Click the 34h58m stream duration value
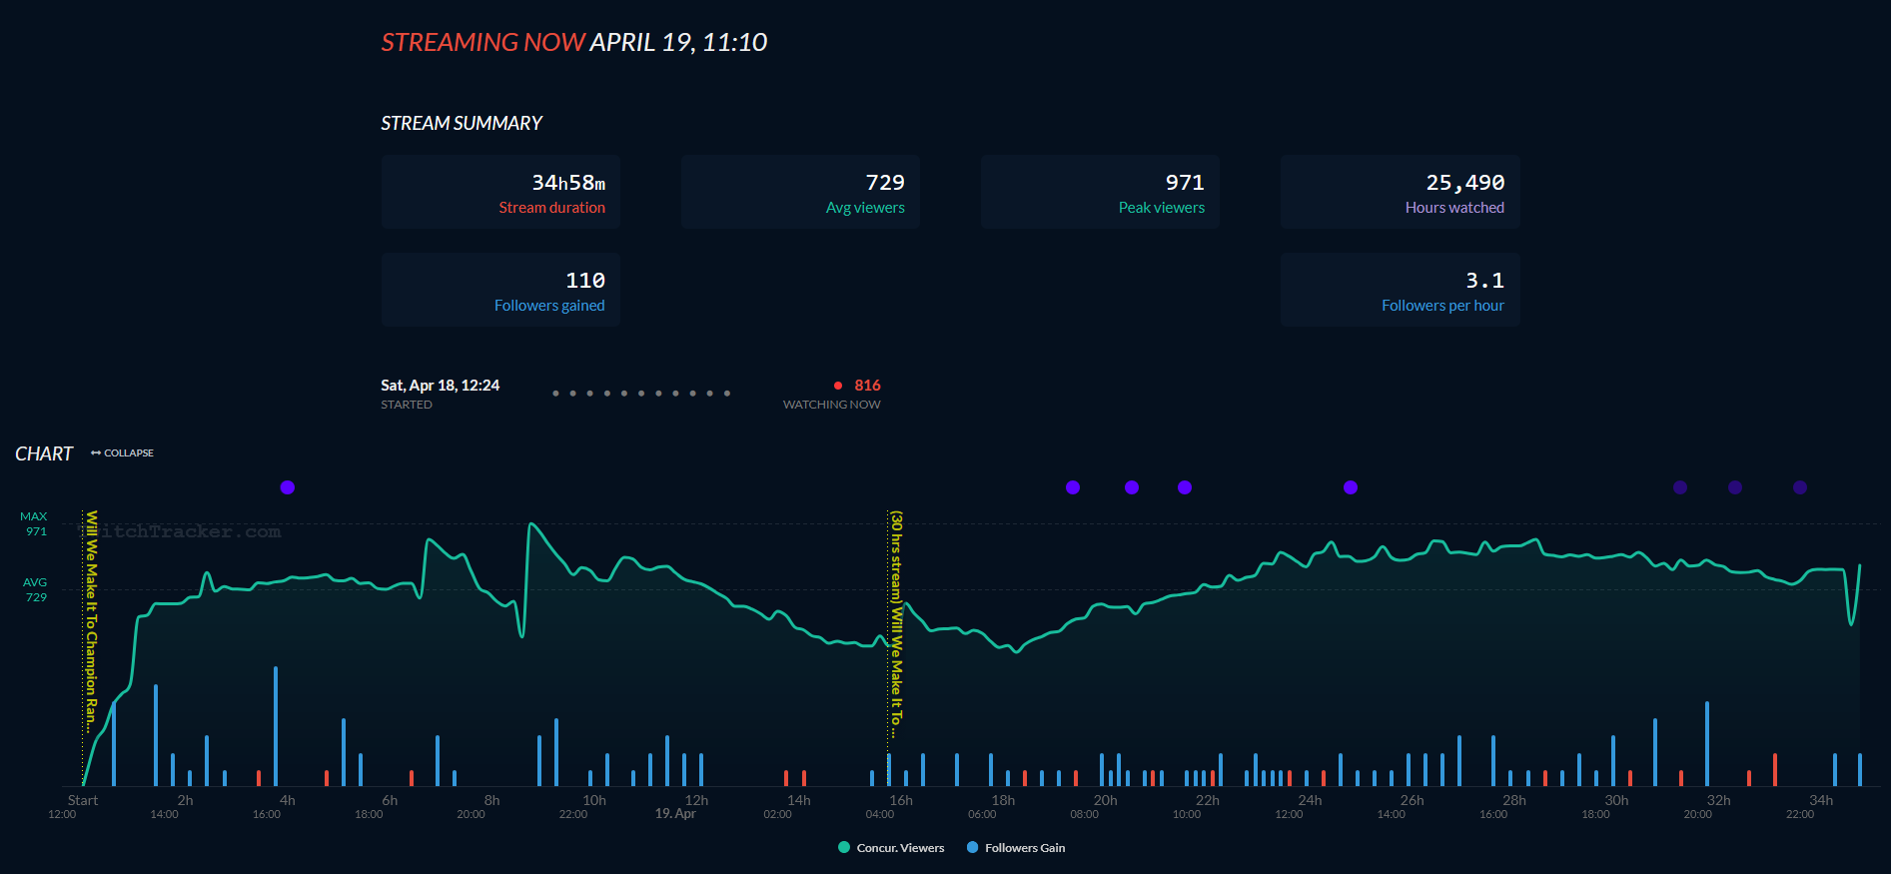[567, 183]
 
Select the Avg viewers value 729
[884, 183]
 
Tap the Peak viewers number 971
[1184, 183]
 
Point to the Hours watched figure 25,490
[1464, 183]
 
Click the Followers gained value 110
[584, 281]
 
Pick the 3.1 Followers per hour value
[1484, 281]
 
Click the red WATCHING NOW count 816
[867, 386]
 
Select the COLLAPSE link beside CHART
[123, 453]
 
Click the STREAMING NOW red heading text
[482, 42]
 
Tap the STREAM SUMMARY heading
[461, 123]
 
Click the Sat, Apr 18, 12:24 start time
[440, 386]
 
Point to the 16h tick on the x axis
[901, 800]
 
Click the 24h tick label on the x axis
[1310, 800]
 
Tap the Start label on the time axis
[83, 800]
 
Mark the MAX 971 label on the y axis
[35, 524]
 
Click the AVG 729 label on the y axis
[35, 589]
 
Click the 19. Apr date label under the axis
[675, 814]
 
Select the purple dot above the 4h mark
[288, 487]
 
